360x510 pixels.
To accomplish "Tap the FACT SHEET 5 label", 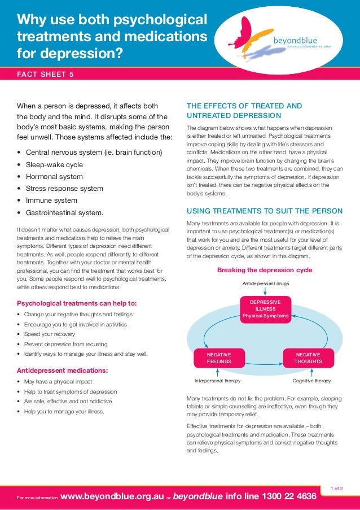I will tap(46, 75).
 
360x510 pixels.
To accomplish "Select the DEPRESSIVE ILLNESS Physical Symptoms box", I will tap(265, 310).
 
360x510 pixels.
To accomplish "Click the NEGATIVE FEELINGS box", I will tap(218, 358).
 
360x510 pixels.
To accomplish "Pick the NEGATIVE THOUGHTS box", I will tap(308, 358).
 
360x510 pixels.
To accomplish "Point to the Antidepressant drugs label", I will tap(265, 283).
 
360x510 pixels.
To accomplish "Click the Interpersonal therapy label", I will tap(217, 381).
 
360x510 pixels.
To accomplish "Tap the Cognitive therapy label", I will tap(311, 381).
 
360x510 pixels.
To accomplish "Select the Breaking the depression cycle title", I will tap(265, 270).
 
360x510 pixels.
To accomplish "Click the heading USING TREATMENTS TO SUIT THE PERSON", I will tap(264, 211).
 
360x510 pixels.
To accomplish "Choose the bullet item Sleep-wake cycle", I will tap(54, 165).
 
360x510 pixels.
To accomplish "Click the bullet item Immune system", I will tap(51, 200).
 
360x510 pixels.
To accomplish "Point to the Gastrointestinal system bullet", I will tap(65, 213).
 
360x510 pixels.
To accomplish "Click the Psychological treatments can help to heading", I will tap(77, 303).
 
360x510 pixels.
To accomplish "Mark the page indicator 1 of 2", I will tap(336, 487).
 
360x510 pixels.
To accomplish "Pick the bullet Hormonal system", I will tap(54, 177).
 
